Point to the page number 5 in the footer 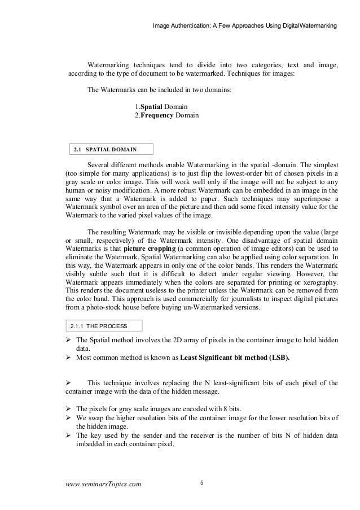click(203, 482)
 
